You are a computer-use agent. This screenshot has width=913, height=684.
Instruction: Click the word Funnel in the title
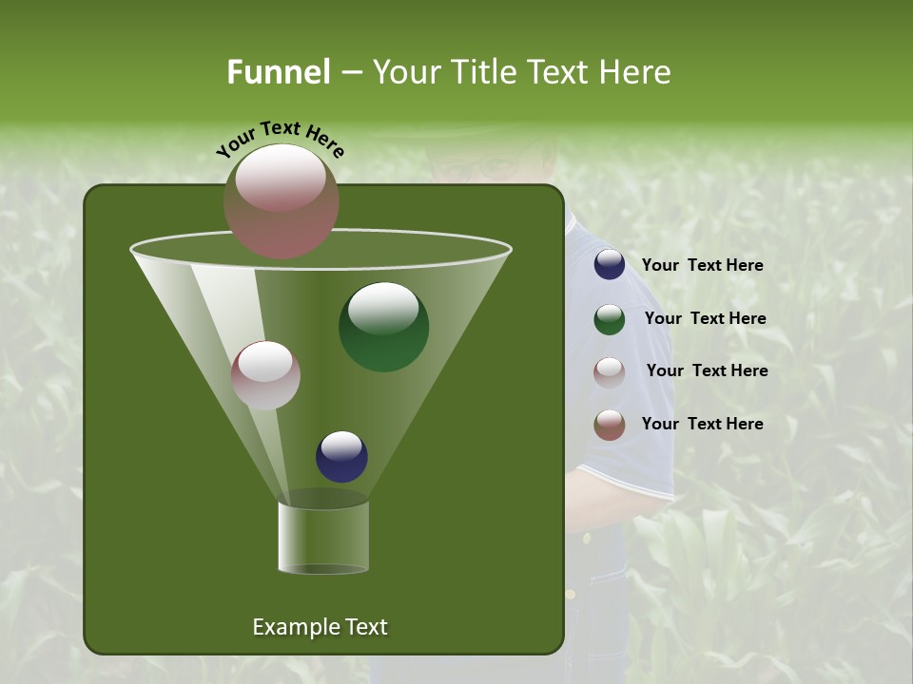(278, 72)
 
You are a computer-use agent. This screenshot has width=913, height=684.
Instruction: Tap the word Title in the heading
(484, 72)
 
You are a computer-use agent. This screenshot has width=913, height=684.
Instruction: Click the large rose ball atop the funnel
(282, 200)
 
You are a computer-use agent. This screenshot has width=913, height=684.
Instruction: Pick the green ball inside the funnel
(383, 327)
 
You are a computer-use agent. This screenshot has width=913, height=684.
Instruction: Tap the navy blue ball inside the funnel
(341, 456)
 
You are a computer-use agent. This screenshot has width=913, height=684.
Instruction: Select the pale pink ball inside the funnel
(266, 375)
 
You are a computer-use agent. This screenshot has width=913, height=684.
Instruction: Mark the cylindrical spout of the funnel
(323, 536)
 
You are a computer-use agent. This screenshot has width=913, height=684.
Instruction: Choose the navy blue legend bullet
(610, 265)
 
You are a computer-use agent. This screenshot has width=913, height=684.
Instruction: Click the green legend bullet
(610, 319)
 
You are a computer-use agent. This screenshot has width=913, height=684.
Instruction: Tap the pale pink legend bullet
(610, 371)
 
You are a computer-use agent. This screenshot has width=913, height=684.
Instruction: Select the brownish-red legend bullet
(610, 425)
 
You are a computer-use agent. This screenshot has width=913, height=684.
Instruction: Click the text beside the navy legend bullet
(702, 265)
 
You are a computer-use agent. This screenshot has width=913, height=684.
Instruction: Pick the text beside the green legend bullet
(705, 318)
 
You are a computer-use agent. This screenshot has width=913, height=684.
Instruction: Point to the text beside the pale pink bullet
(707, 370)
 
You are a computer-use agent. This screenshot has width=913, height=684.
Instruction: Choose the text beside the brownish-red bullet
(702, 424)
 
